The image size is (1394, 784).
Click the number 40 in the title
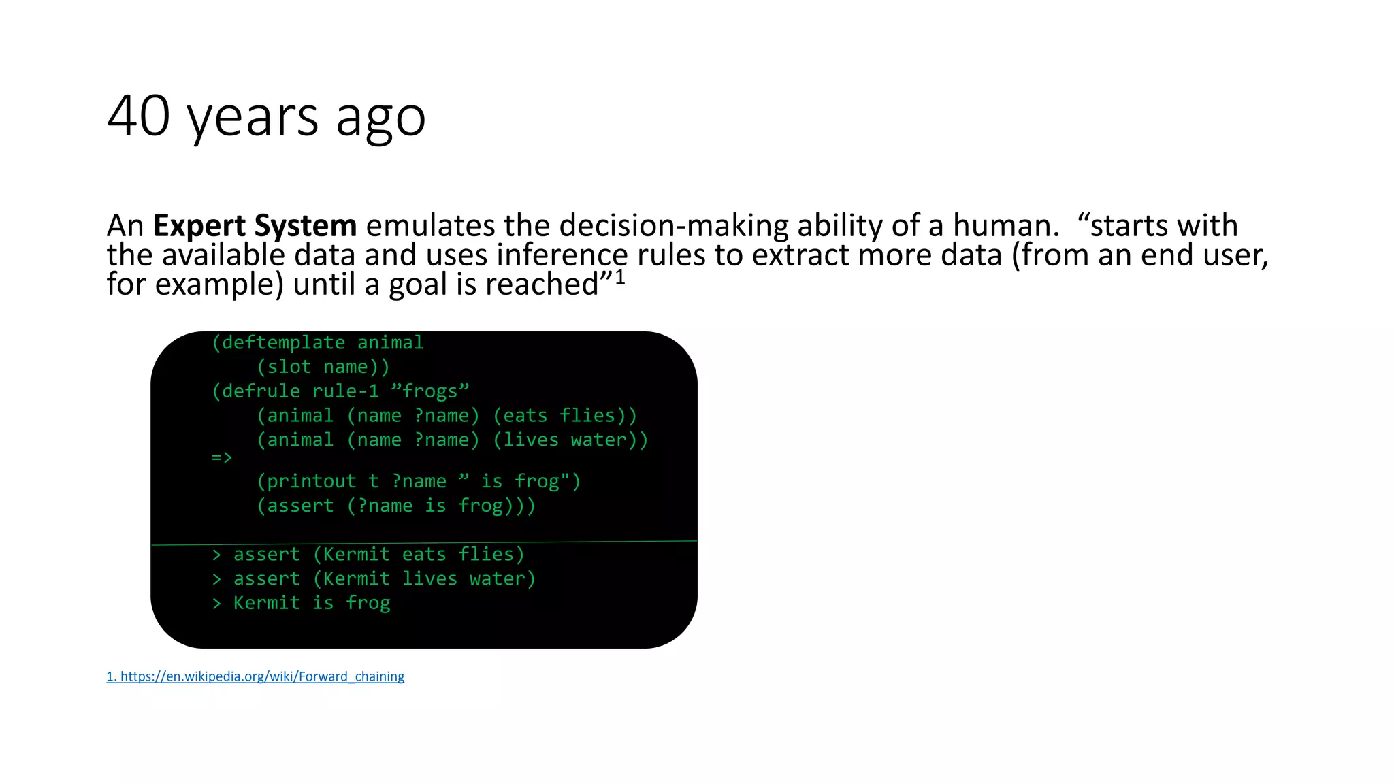[139, 116]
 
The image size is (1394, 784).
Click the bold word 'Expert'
[199, 226]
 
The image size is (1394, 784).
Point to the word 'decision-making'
[673, 226]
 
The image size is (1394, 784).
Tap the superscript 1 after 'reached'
[619, 278]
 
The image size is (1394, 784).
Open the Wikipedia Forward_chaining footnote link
[256, 676]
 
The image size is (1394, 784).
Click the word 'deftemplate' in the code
[284, 342]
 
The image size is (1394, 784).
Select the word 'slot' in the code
[289, 367]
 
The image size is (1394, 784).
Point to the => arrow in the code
[222, 457]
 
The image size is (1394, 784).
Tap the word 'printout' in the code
[311, 482]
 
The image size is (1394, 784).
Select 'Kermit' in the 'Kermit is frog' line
[266, 603]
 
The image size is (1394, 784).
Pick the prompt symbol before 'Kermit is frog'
[216, 604]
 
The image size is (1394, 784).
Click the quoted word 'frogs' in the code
[430, 391]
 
